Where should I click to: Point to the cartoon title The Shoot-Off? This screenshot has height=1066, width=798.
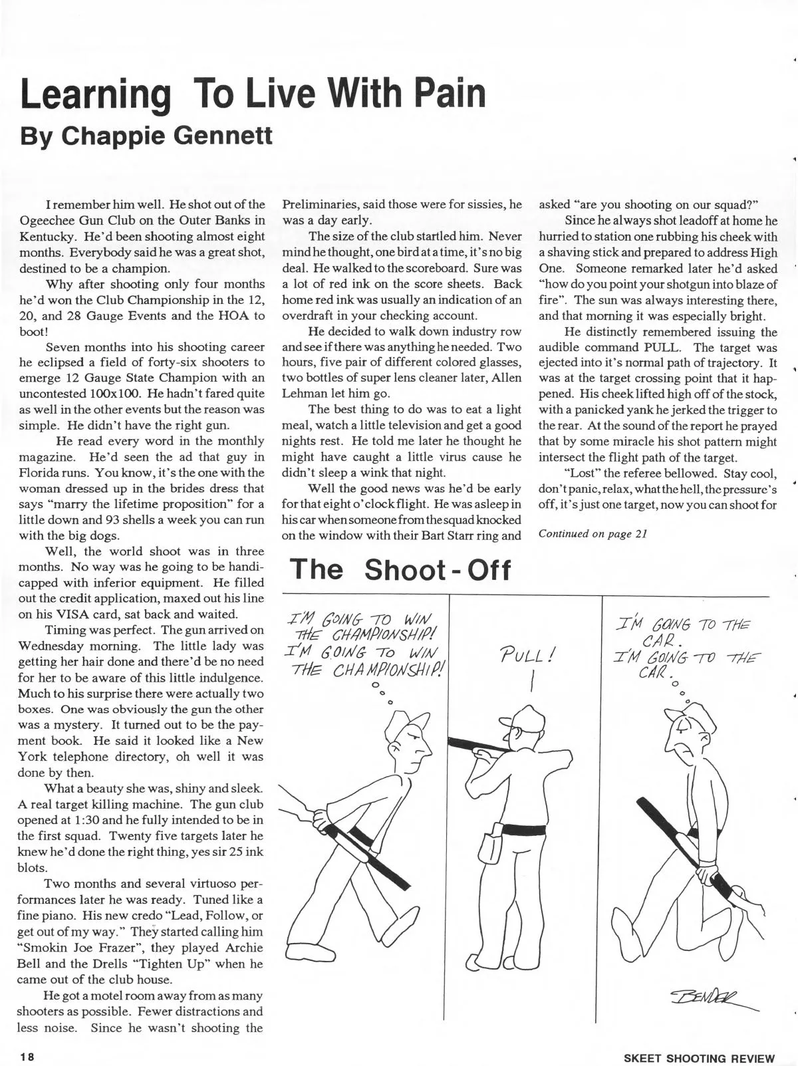400,569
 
